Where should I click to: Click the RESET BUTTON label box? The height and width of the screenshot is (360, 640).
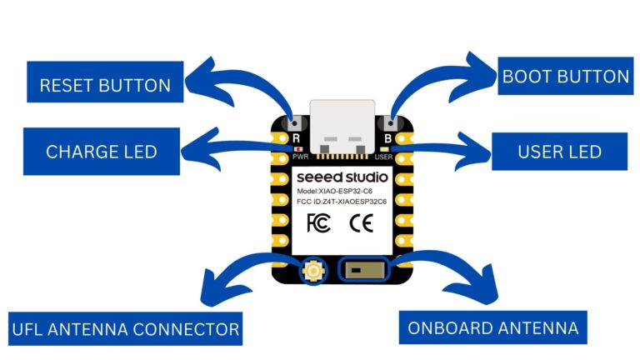click(105, 85)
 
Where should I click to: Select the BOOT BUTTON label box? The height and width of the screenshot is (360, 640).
click(565, 77)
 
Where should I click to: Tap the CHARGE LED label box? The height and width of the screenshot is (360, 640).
click(101, 152)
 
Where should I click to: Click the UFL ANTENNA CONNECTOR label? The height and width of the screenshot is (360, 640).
click(126, 327)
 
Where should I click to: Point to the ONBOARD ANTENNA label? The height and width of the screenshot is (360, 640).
click(492, 327)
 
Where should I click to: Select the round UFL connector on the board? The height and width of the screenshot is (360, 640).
click(315, 270)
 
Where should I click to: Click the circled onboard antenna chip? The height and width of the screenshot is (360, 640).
click(363, 270)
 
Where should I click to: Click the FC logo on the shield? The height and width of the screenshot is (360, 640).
click(319, 222)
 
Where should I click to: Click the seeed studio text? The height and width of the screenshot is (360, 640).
click(340, 177)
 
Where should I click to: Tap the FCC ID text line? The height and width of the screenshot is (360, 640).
click(342, 202)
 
